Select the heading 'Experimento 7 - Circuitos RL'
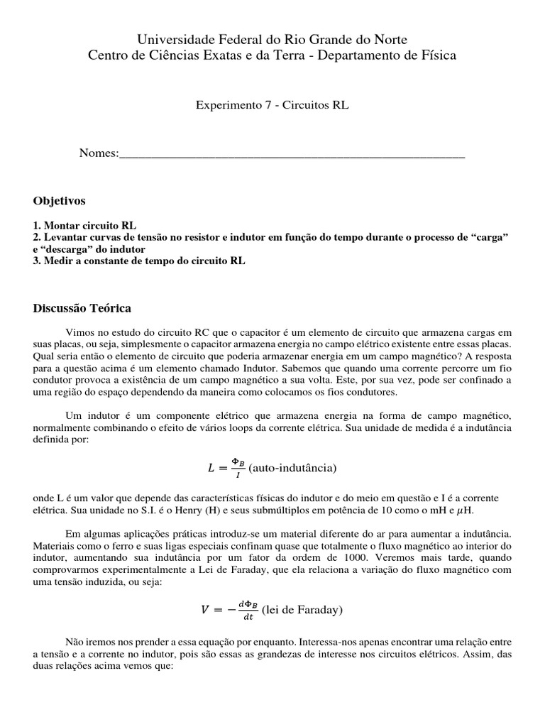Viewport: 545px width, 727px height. [272, 104]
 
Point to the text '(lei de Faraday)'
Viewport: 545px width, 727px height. [303, 610]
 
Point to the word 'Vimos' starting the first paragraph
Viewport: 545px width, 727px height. [79, 332]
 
